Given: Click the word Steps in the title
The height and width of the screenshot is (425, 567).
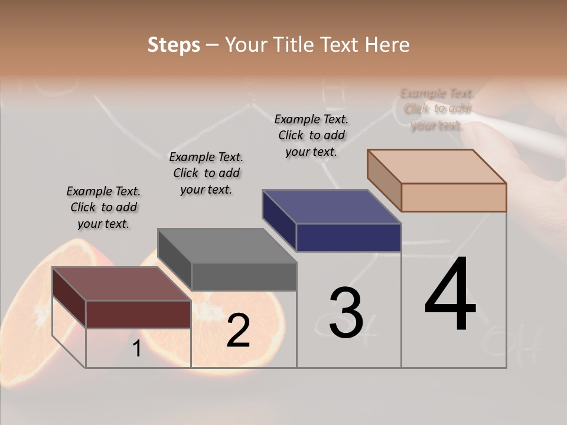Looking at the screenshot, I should click(x=174, y=45).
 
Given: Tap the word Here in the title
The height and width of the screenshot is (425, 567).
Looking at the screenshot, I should click(x=387, y=45).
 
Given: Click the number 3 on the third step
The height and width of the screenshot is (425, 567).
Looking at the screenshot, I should click(x=346, y=313).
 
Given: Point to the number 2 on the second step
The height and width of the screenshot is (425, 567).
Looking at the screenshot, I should click(x=238, y=331).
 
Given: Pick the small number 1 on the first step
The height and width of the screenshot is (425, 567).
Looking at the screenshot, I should click(x=136, y=349).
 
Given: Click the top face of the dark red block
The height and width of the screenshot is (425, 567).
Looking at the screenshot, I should click(x=121, y=283).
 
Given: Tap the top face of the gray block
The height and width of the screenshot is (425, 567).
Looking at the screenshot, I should click(x=227, y=246).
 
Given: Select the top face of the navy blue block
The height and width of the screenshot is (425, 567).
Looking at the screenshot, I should click(x=332, y=207).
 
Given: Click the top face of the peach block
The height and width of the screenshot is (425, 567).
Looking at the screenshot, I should click(x=437, y=166).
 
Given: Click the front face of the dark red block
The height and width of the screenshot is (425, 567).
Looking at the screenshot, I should click(x=138, y=314).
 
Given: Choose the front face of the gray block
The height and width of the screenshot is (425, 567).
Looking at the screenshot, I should click(x=243, y=276).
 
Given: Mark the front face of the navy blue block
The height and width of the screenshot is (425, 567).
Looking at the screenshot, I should click(x=348, y=237).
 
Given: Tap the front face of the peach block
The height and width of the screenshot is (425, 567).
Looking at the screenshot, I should click(x=454, y=197).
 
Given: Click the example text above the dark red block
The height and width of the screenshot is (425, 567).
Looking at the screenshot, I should click(x=103, y=207).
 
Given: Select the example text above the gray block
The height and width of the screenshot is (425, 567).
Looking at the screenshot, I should click(x=206, y=173).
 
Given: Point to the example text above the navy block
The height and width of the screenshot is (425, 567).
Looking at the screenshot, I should click(x=311, y=135).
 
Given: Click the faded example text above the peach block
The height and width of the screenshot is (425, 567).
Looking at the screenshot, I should click(x=437, y=109).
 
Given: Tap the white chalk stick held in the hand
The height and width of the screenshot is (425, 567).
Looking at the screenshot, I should click(x=520, y=132).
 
